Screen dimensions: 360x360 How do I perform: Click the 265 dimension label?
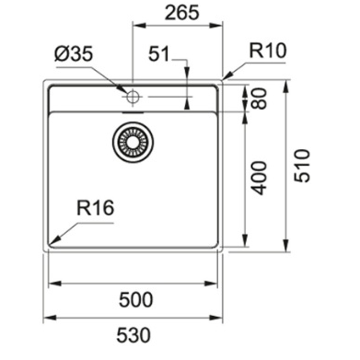tap(182, 13)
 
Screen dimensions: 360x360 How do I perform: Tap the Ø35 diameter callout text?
tap(74, 54)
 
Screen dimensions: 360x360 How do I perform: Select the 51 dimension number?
tap(159, 53)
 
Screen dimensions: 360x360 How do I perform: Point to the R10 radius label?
tap(268, 51)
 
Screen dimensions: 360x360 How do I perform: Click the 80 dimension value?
tap(259, 99)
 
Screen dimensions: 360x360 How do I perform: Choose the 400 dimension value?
tap(259, 178)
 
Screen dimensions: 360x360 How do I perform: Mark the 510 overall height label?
tap(302, 166)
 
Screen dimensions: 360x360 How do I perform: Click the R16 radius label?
tap(95, 207)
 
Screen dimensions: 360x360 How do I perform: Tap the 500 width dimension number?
tap(135, 299)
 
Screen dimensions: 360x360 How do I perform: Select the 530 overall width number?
tap(134, 335)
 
